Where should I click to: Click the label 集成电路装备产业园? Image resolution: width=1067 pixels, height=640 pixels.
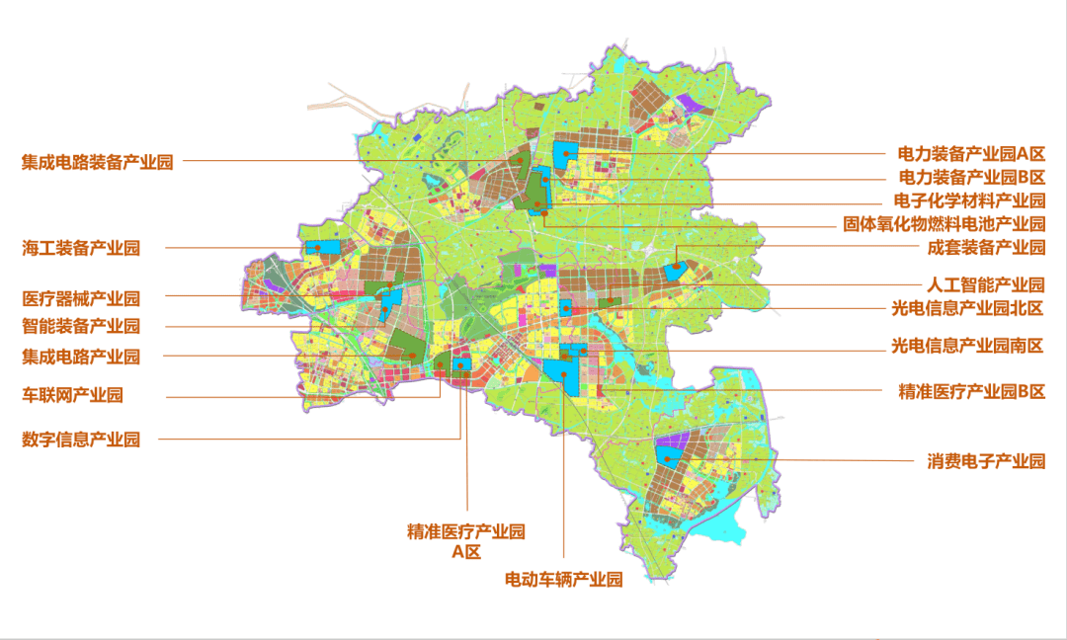coord(98,162)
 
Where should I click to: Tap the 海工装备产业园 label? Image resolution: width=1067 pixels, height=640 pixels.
coord(81,248)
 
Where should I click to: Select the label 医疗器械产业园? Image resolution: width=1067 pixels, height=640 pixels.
coord(81,297)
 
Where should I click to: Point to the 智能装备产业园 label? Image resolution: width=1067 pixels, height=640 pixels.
coord(81,326)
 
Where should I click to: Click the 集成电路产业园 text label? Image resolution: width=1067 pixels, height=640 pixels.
coord(81,356)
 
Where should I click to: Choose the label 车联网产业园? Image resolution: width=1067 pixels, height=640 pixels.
coord(72,395)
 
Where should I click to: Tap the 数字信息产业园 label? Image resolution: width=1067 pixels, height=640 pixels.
coord(81,440)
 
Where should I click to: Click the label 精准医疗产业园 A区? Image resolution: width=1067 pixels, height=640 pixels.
coord(465,541)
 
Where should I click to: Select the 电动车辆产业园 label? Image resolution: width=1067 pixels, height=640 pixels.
coord(564,580)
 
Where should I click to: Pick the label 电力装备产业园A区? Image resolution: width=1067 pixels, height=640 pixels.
coord(971,154)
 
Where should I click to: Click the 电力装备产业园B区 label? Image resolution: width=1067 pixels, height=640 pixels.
coord(971,178)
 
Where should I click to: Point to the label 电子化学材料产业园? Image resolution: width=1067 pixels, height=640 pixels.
coord(969,201)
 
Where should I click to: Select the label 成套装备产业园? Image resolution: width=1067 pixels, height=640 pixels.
coord(986,248)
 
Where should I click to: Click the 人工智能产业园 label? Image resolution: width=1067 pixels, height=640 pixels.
coord(986,284)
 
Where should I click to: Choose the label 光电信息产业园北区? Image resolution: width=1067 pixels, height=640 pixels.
coord(967,308)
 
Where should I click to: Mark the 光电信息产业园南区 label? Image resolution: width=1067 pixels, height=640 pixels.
coord(967,346)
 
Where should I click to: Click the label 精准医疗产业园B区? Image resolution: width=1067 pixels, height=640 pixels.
coord(971,391)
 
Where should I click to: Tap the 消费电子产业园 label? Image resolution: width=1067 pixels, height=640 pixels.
coord(986,461)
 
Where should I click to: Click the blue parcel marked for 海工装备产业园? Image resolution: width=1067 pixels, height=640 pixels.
coord(321,248)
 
